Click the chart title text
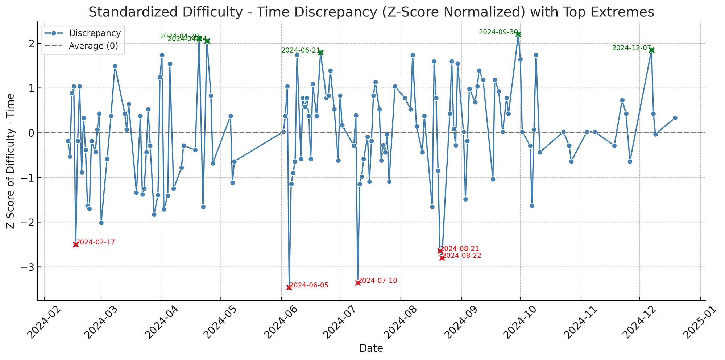371,12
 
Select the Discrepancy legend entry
95,33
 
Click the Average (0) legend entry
93,46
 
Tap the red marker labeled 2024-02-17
76,245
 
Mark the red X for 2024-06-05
289,287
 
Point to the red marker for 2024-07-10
358,283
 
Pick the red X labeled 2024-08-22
442,258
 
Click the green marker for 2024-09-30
518,34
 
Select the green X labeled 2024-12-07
651,50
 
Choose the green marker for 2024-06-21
320,53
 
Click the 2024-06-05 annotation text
309,285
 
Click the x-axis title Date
371,349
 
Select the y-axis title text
11,161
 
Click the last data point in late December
675,118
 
